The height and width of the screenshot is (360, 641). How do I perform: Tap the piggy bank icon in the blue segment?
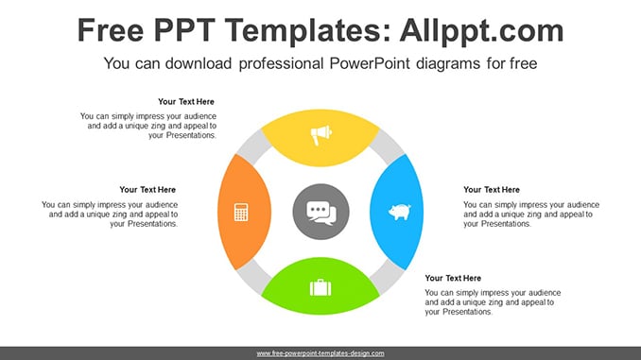(399, 212)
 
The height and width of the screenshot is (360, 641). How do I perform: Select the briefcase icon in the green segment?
(320, 287)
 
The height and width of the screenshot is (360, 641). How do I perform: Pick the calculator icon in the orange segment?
(241, 212)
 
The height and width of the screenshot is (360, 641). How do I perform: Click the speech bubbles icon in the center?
(321, 213)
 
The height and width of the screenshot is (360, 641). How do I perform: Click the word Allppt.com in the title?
(481, 30)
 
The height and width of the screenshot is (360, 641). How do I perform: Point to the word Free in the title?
(111, 30)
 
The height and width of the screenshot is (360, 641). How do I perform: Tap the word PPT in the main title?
(184, 30)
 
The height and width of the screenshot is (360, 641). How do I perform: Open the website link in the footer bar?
(320, 353)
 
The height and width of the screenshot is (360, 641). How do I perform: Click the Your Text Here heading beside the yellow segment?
(186, 102)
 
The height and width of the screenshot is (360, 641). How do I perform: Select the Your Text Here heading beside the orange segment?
(147, 190)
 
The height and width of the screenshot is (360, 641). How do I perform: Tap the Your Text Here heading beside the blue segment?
(492, 190)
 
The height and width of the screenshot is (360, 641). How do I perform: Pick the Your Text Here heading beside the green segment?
(453, 278)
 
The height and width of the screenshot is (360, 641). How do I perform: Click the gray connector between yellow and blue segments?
(387, 147)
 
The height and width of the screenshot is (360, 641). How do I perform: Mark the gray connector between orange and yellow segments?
(254, 147)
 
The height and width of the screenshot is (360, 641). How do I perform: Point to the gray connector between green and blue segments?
(387, 277)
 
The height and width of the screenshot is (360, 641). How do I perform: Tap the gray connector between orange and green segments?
(254, 277)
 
